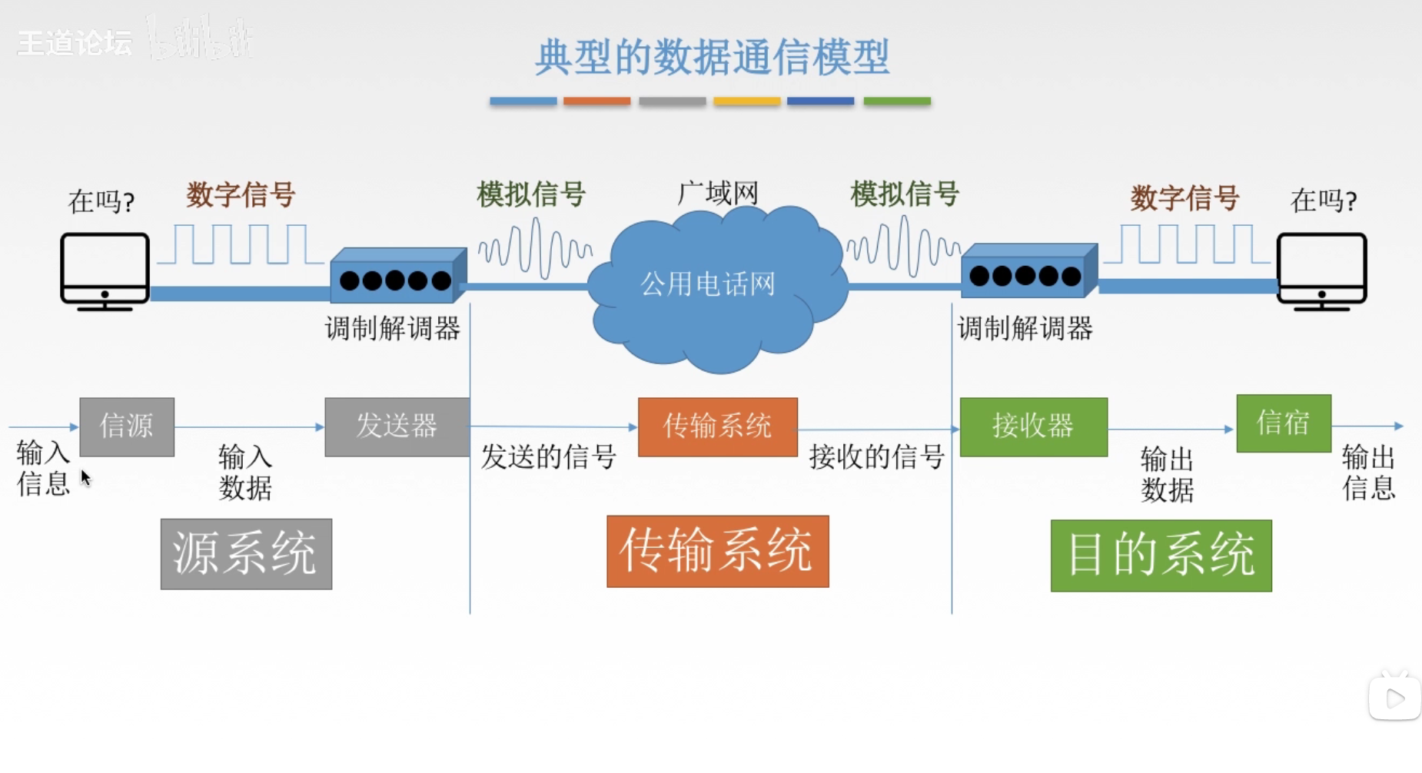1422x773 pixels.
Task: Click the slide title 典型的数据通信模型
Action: (x=712, y=57)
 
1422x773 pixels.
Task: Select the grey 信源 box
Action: (x=127, y=426)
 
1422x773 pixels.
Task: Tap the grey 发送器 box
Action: (x=397, y=426)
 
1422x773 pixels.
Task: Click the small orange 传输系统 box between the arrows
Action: (x=717, y=426)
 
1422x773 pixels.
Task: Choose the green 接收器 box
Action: (x=1033, y=426)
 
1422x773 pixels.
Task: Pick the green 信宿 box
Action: (x=1283, y=423)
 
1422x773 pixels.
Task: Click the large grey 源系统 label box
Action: (x=246, y=553)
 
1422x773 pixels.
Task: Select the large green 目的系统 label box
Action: (x=1161, y=555)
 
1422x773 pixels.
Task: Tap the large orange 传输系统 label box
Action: (x=717, y=551)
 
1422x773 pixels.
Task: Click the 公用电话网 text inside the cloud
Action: (x=708, y=284)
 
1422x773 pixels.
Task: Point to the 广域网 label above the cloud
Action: (x=717, y=193)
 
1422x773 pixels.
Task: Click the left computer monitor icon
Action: (x=105, y=270)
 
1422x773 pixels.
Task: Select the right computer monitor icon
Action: (x=1321, y=270)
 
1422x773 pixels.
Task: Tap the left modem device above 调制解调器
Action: (x=397, y=277)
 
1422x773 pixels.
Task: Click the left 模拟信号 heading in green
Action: (x=531, y=194)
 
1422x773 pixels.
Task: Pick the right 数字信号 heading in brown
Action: (x=1184, y=198)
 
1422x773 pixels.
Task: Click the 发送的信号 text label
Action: (x=548, y=457)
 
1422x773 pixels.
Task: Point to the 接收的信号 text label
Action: (x=876, y=457)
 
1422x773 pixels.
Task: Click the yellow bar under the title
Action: (x=746, y=101)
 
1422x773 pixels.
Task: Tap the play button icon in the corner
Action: (x=1394, y=698)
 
